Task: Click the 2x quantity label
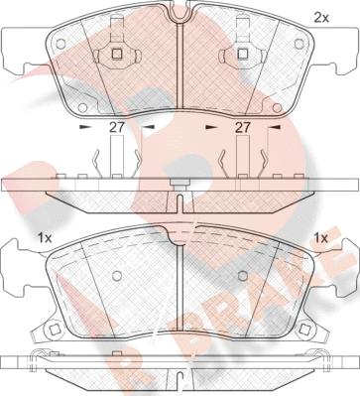click(x=320, y=17)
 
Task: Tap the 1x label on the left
click(x=44, y=238)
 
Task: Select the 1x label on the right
click(x=319, y=238)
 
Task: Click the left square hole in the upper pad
click(x=116, y=55)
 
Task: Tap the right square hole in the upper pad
click(x=241, y=55)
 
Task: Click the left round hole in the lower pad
click(x=116, y=277)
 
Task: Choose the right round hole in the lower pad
click(x=241, y=277)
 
